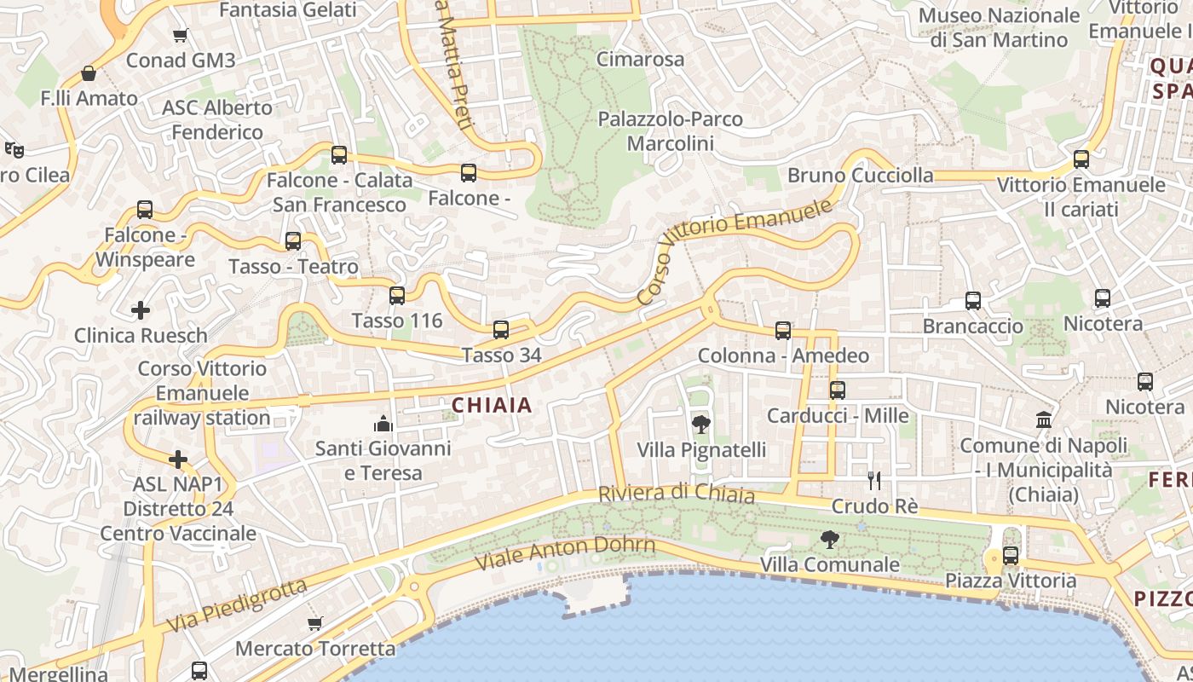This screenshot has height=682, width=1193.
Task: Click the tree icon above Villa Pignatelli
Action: point(700,424)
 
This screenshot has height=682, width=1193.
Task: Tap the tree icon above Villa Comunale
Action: point(829,539)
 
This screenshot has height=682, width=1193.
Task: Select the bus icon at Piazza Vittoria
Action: point(1011,556)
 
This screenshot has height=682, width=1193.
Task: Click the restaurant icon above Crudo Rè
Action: point(873,481)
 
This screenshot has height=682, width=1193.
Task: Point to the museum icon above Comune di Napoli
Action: point(1043,419)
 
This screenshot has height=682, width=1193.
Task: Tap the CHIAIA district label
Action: point(493,406)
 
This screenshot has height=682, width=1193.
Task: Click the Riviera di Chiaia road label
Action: point(677,494)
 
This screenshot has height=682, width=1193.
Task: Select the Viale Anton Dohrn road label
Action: point(565,553)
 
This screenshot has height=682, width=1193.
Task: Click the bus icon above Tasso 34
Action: point(501,330)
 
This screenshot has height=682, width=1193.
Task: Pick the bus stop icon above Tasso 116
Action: point(397,296)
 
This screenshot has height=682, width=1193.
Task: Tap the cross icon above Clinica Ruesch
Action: point(141,310)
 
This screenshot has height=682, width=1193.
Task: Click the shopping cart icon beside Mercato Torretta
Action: point(315,624)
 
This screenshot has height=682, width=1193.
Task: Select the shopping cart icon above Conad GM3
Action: point(180,36)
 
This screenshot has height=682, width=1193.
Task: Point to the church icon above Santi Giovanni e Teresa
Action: point(383,423)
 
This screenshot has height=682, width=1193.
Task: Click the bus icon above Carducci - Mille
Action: point(838,390)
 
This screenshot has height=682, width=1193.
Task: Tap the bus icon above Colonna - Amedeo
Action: point(783,331)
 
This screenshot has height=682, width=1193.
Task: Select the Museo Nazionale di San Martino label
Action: point(999,27)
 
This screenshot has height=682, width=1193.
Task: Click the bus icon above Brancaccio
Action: point(973,301)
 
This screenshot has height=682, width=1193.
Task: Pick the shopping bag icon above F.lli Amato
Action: point(89,73)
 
